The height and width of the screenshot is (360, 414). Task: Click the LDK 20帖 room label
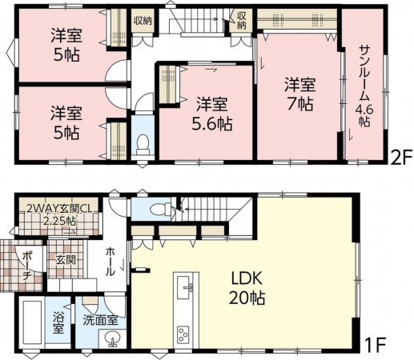tap(247, 289)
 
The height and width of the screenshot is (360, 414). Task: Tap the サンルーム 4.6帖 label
tap(364, 86)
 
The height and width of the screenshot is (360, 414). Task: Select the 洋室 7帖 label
tap(299, 94)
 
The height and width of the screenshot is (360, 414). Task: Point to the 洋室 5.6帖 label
tap(212, 114)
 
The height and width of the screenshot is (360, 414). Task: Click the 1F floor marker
tap(376, 346)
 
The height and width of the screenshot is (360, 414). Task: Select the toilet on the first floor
tap(160, 209)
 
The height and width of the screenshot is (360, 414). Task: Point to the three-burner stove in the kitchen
tap(183, 334)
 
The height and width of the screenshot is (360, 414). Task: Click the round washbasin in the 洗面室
tap(113, 338)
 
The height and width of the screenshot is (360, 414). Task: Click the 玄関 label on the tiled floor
tap(66, 259)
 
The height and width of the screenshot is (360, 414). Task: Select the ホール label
tap(111, 262)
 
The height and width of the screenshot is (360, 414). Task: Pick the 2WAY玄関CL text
tap(58, 209)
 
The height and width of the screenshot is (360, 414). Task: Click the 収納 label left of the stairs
tap(143, 21)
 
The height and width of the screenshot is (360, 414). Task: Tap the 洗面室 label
tap(100, 320)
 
